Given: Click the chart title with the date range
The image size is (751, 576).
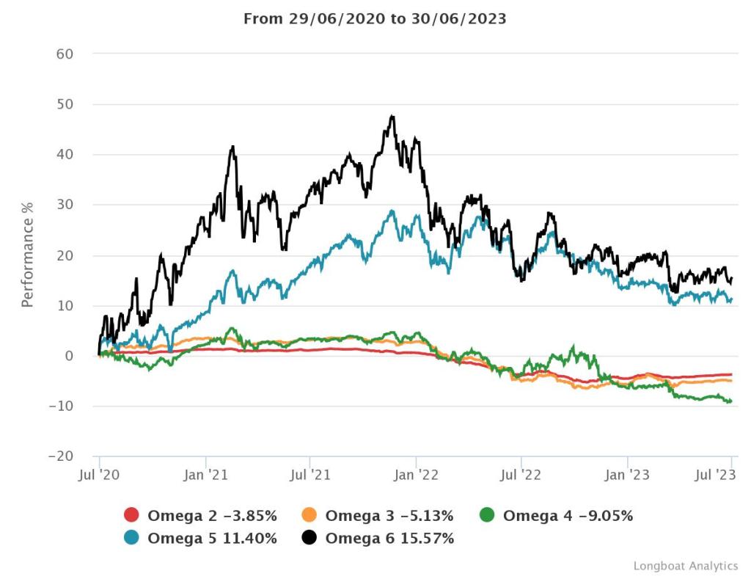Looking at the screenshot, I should tap(375, 18).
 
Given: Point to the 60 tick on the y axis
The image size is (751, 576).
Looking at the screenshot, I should tap(65, 54).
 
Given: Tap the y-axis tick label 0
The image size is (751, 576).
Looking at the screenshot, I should tap(69, 356).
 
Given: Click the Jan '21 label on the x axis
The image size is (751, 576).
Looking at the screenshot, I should tap(206, 475).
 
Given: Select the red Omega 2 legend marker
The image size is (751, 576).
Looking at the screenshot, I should tap(132, 516).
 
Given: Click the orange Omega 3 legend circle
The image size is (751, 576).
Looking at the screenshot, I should tap(310, 516).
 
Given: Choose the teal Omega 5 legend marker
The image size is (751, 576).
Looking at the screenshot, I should tap(132, 538).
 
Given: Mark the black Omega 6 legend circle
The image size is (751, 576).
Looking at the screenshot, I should tap(310, 538).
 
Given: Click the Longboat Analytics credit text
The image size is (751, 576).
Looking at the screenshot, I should tap(685, 566).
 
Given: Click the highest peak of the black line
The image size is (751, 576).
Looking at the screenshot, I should tap(392, 116).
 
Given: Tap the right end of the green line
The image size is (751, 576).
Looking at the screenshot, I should tap(730, 401).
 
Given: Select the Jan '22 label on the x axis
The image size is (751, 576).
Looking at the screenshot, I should tap(416, 475).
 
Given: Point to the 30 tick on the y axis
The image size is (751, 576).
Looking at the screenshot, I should tap(65, 205).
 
